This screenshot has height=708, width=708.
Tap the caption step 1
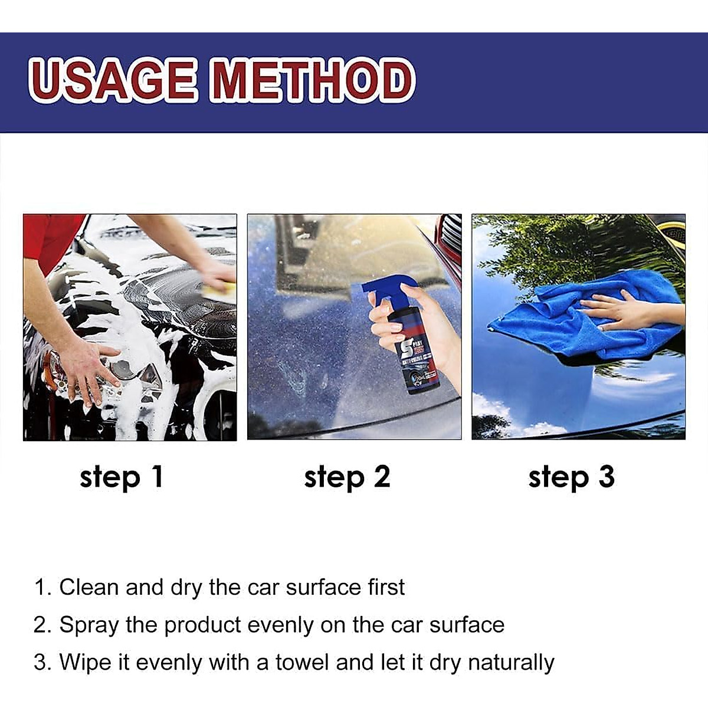[121, 476]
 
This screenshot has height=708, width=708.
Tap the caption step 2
[347, 476]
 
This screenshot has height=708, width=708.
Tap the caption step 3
[571, 476]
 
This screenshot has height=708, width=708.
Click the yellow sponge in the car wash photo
[219, 289]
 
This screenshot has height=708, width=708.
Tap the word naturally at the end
[511, 663]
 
